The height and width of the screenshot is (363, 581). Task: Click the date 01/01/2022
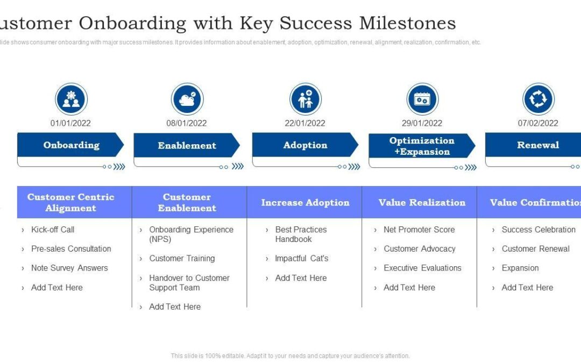coord(70,123)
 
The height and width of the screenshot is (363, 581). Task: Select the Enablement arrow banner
coord(186,145)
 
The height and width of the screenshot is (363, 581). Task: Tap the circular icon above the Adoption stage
coord(305,99)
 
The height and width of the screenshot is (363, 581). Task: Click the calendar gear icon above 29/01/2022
coord(422,99)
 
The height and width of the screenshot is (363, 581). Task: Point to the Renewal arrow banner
coord(537,145)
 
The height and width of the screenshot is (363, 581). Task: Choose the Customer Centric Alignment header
coord(71,202)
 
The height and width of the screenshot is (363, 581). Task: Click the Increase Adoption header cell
coord(304,203)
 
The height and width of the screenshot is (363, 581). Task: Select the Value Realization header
coord(421,203)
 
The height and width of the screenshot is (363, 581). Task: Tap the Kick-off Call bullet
coord(53,230)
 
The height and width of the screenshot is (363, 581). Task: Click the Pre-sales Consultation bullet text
coord(71,249)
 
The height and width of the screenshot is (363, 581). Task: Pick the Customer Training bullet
coord(182,259)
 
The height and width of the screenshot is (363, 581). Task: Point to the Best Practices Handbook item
coord(301,234)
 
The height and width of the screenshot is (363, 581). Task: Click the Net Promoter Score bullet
coord(419,230)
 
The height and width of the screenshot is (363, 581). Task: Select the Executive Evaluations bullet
coord(422,268)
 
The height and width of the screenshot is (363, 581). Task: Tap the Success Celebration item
coord(538,230)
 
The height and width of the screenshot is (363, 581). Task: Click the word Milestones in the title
coord(407,23)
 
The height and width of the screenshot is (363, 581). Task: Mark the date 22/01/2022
coord(305,123)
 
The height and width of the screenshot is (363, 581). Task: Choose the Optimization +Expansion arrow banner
coord(421,146)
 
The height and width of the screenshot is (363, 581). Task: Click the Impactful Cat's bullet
coord(301,259)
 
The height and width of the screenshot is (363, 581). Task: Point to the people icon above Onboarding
coord(71,99)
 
